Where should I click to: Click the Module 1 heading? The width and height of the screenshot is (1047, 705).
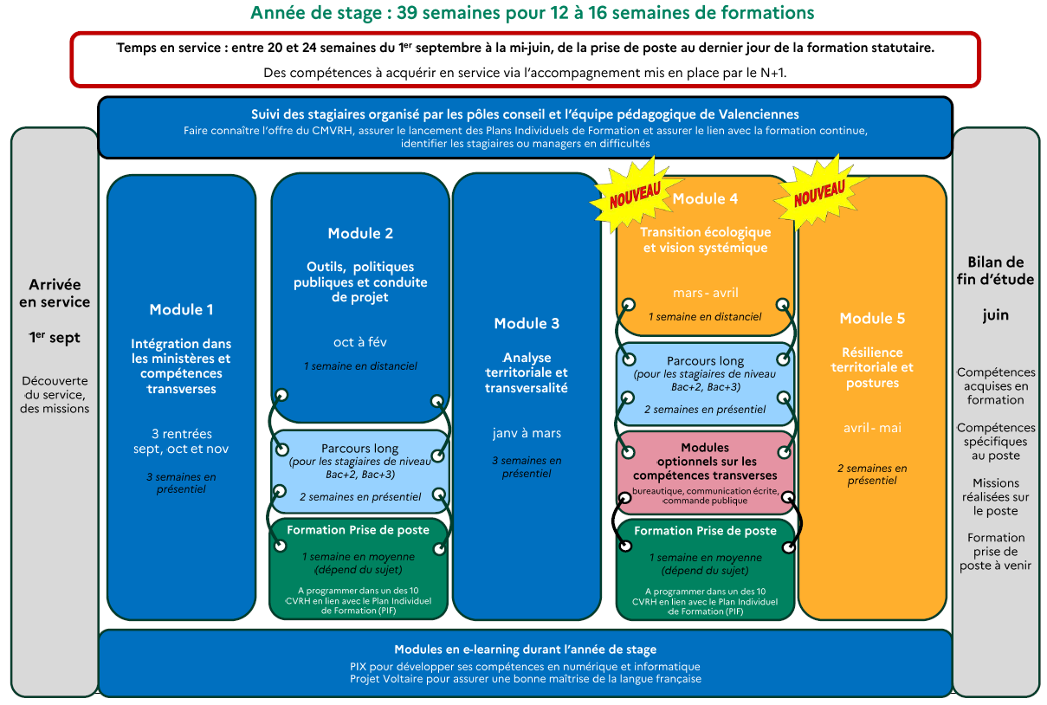[181, 310]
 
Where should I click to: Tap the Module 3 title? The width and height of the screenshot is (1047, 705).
[527, 324]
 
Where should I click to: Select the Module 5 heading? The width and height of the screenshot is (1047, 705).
[872, 319]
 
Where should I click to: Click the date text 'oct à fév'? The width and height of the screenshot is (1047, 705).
[360, 341]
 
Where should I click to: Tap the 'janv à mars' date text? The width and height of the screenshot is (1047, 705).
[527, 433]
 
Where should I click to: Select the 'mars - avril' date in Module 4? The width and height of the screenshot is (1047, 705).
[705, 293]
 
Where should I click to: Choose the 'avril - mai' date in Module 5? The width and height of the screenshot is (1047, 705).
[872, 428]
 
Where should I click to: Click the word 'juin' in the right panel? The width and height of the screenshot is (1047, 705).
[995, 316]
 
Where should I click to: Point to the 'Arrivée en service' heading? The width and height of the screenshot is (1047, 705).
[55, 293]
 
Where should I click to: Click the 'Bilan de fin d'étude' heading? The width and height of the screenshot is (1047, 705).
[995, 270]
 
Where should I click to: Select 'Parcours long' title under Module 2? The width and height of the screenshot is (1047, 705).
[360, 449]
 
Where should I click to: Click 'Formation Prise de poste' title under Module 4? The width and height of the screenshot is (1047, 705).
[705, 531]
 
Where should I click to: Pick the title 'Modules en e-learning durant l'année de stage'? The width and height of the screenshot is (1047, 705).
[525, 650]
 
